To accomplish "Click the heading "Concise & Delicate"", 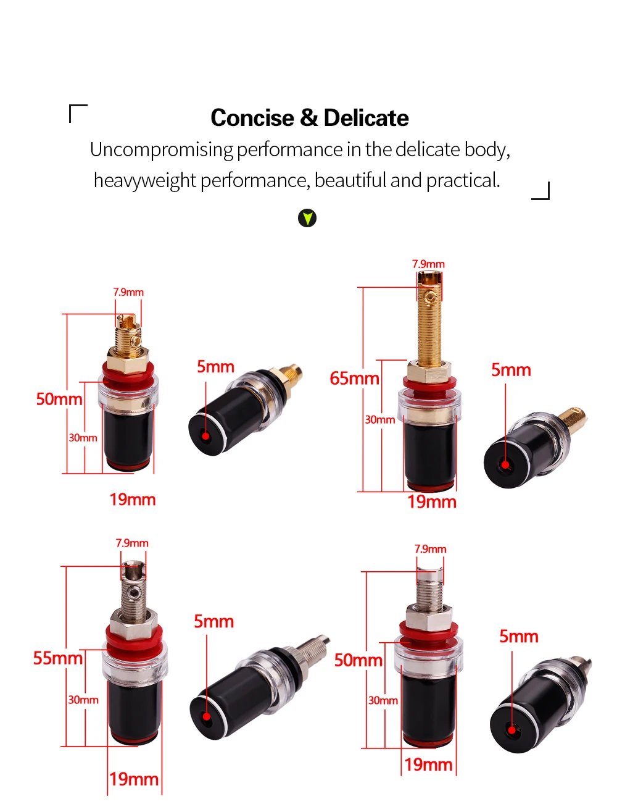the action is [x=309, y=118].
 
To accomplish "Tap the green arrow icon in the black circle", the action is [x=307, y=218].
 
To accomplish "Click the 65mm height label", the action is [x=354, y=378].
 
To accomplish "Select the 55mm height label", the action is [x=57, y=658].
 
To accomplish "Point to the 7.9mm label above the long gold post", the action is [x=428, y=264].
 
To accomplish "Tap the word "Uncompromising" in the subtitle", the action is [x=161, y=149].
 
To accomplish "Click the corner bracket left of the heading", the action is [x=77, y=113].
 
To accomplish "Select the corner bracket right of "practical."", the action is [x=541, y=191].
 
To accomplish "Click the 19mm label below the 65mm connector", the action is [x=432, y=502].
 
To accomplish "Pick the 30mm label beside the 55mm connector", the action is [x=83, y=700].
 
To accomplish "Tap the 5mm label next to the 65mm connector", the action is [x=511, y=370].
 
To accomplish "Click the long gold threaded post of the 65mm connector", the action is [x=429, y=327].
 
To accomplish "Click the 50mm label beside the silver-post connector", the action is [x=358, y=660].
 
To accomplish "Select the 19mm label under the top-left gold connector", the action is [x=133, y=500].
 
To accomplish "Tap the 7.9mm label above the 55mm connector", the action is [x=132, y=543].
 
